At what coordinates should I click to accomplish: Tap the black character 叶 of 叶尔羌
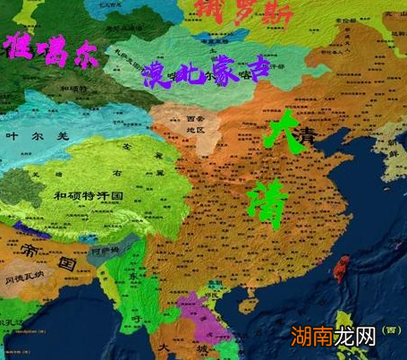tap(12, 136)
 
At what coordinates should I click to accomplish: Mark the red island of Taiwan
tap(341, 267)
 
